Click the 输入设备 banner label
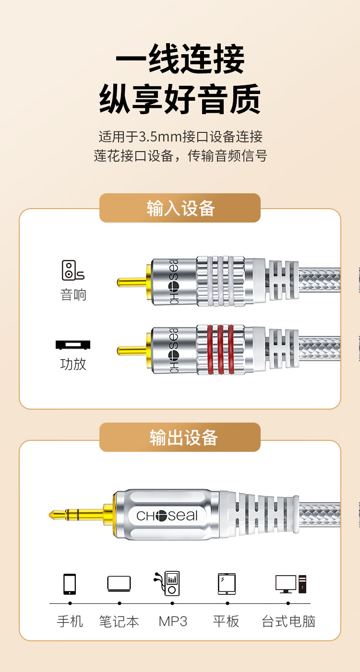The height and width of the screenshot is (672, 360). point(180,208)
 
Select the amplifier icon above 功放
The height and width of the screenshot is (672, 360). point(73,345)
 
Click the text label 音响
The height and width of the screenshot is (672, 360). point(73,295)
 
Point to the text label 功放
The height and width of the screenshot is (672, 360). point(73,364)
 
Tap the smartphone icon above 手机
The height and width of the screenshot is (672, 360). point(70,584)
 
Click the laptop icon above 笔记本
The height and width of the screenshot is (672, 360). point(119,583)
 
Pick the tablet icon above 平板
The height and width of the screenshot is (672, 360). point(227,584)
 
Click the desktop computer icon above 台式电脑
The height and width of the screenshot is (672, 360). point(291,584)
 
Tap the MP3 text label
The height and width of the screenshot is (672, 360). point(173,621)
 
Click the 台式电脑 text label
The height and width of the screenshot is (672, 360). point(288,621)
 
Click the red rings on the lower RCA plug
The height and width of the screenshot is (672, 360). point(220,350)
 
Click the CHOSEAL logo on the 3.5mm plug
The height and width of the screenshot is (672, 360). point(167,516)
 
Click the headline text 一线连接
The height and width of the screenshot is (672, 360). point(180,59)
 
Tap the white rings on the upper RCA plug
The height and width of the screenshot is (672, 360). point(220,281)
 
